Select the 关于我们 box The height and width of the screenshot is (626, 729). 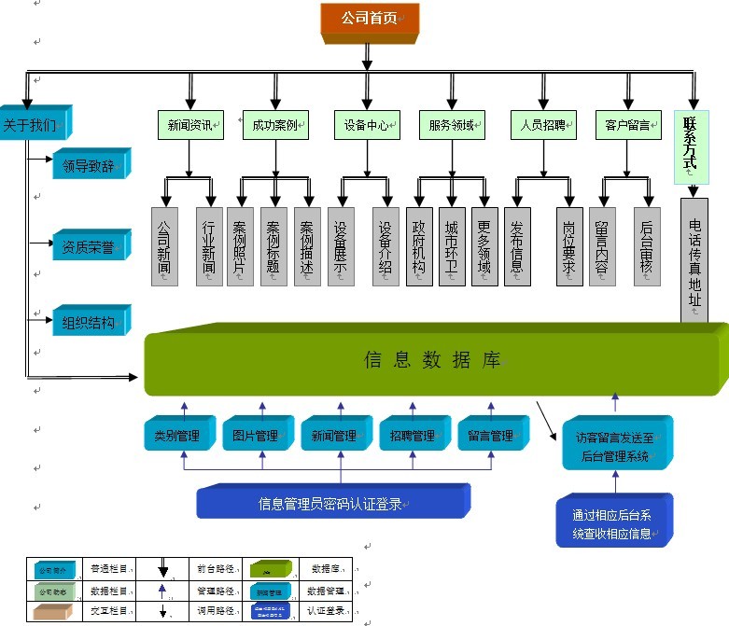click(x=32, y=125)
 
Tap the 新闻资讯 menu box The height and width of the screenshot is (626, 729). click(x=190, y=125)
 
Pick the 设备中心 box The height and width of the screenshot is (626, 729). click(x=367, y=125)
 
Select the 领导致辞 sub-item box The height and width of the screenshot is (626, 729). click(x=89, y=166)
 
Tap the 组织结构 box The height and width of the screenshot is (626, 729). click(x=89, y=323)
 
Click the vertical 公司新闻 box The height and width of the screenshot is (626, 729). click(x=164, y=246)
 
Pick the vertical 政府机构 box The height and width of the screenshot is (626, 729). click(x=419, y=246)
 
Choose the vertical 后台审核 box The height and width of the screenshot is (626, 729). click(x=647, y=246)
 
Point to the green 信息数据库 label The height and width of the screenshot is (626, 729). click(x=431, y=360)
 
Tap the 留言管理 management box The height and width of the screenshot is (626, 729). click(x=491, y=435)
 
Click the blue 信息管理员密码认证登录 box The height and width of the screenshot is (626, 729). click(x=331, y=504)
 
